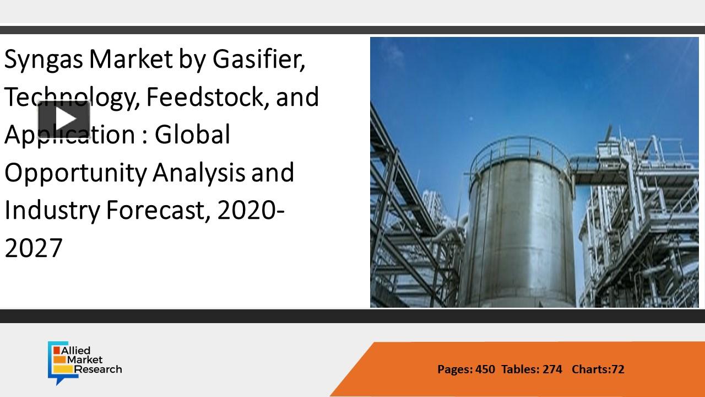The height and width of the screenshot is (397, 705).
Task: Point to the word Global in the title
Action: [192, 135]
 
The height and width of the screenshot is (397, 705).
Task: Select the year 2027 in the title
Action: [34, 248]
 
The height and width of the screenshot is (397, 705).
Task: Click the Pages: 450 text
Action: [466, 369]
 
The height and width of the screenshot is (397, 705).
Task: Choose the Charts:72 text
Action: [598, 369]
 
